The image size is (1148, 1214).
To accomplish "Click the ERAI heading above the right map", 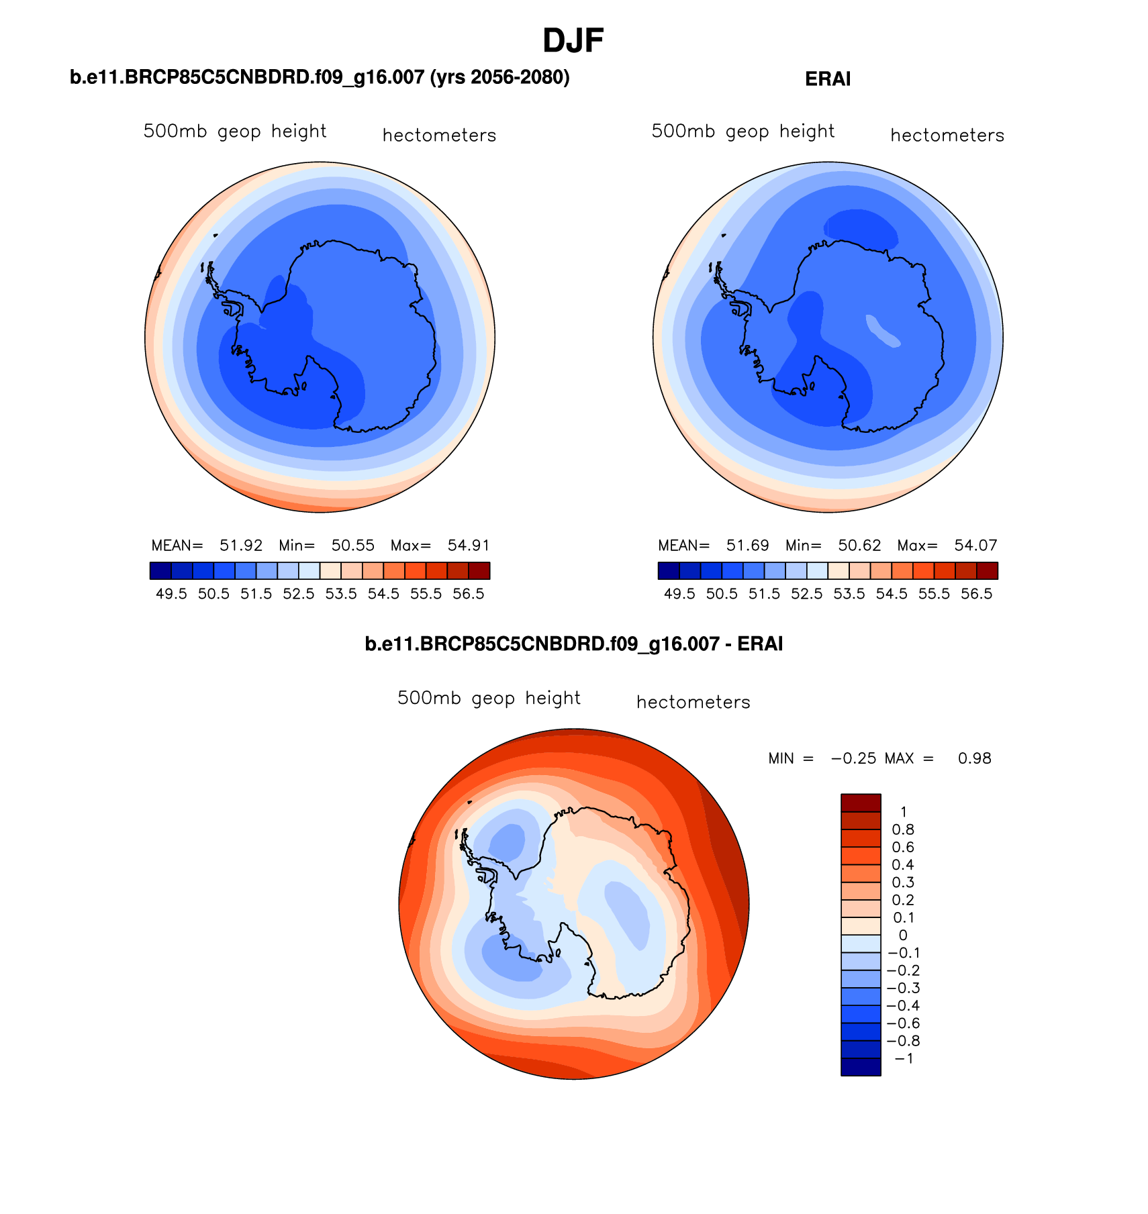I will tap(828, 79).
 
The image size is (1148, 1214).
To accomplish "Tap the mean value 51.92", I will tap(241, 546).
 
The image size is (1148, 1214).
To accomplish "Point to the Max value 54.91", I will tap(469, 546).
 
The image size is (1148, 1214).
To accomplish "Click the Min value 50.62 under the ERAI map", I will tap(859, 546).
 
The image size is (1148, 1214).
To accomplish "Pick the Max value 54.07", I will tap(976, 546).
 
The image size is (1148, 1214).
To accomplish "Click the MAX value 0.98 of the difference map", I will tap(974, 758).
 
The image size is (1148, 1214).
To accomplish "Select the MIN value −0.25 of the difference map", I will tap(853, 758).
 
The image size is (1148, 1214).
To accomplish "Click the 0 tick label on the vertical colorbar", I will tap(903, 935).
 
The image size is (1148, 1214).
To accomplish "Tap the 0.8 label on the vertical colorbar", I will tap(903, 830).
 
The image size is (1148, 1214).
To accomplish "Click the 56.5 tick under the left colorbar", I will tap(469, 594).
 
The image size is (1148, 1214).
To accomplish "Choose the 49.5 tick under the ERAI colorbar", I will tap(679, 594).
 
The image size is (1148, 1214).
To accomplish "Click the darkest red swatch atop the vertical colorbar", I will tap(861, 803).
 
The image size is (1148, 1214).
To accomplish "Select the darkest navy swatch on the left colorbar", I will tap(160, 570).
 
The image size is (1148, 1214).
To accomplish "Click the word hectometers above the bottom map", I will tap(693, 703).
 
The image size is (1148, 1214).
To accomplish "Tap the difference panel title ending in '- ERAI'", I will tap(573, 644).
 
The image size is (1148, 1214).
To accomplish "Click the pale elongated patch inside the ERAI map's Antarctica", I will tap(882, 331).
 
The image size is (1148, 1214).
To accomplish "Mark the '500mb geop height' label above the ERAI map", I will tap(743, 132).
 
